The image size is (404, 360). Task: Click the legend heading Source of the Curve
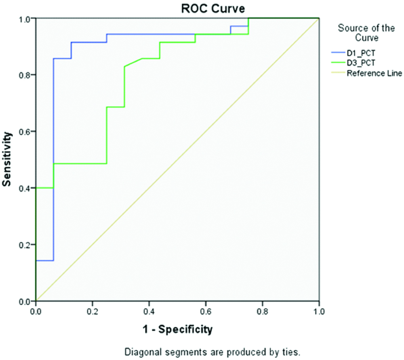click(x=359, y=33)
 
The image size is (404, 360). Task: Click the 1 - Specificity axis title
click(x=177, y=329)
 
